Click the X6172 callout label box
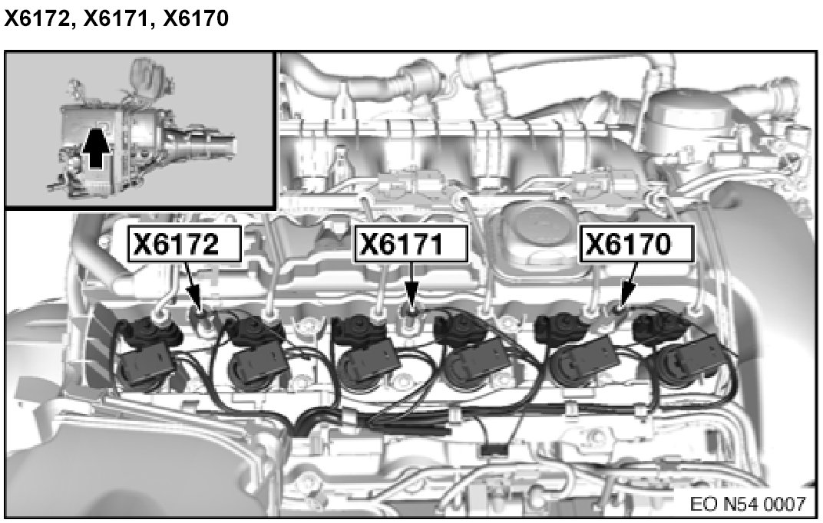[x=185, y=243]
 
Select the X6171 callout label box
[x=411, y=243]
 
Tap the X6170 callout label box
[x=636, y=243]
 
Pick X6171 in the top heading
[x=117, y=19]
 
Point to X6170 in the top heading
[x=196, y=19]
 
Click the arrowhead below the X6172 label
[x=195, y=301]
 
